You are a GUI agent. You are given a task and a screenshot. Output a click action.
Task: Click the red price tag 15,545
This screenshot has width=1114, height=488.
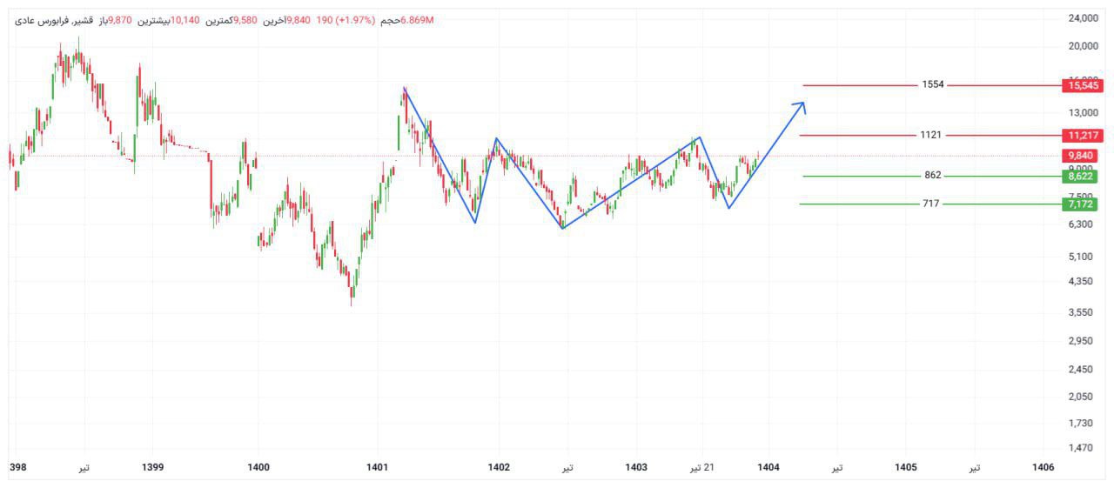1083,85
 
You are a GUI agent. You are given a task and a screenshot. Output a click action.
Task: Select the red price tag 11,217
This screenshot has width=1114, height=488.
1083,135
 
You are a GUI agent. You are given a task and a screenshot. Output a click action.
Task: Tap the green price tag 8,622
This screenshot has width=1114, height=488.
1083,176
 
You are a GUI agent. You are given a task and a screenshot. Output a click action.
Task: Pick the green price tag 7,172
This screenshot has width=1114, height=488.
1083,204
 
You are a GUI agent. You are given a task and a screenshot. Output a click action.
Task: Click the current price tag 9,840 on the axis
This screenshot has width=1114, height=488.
1083,156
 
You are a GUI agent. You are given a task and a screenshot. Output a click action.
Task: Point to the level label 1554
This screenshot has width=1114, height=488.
933,85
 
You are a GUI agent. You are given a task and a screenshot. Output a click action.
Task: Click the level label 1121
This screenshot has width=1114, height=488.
930,135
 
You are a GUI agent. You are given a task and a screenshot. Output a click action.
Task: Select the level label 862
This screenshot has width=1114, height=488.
933,176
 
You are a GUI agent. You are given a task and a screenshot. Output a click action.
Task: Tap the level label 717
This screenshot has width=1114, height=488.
932,204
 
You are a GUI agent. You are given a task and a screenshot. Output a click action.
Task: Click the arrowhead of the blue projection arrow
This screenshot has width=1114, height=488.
802,105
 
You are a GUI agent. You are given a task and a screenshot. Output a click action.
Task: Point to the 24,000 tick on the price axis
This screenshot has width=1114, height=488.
1083,18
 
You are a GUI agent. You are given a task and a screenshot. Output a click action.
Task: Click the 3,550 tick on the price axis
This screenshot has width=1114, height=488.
1081,312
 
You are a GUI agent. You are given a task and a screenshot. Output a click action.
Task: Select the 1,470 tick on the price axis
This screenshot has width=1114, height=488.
1081,448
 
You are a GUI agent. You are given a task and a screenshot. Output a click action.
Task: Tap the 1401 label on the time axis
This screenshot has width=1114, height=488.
377,468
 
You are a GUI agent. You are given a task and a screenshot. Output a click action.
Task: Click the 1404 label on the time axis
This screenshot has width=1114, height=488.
768,468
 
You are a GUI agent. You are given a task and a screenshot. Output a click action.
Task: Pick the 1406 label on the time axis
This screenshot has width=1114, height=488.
1043,468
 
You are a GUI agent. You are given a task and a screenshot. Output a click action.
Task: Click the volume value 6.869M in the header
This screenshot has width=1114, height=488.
418,20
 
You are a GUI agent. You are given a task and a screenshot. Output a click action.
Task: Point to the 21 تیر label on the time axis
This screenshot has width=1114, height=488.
702,468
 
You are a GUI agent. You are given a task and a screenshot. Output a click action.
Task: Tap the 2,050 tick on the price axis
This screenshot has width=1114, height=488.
1081,397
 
